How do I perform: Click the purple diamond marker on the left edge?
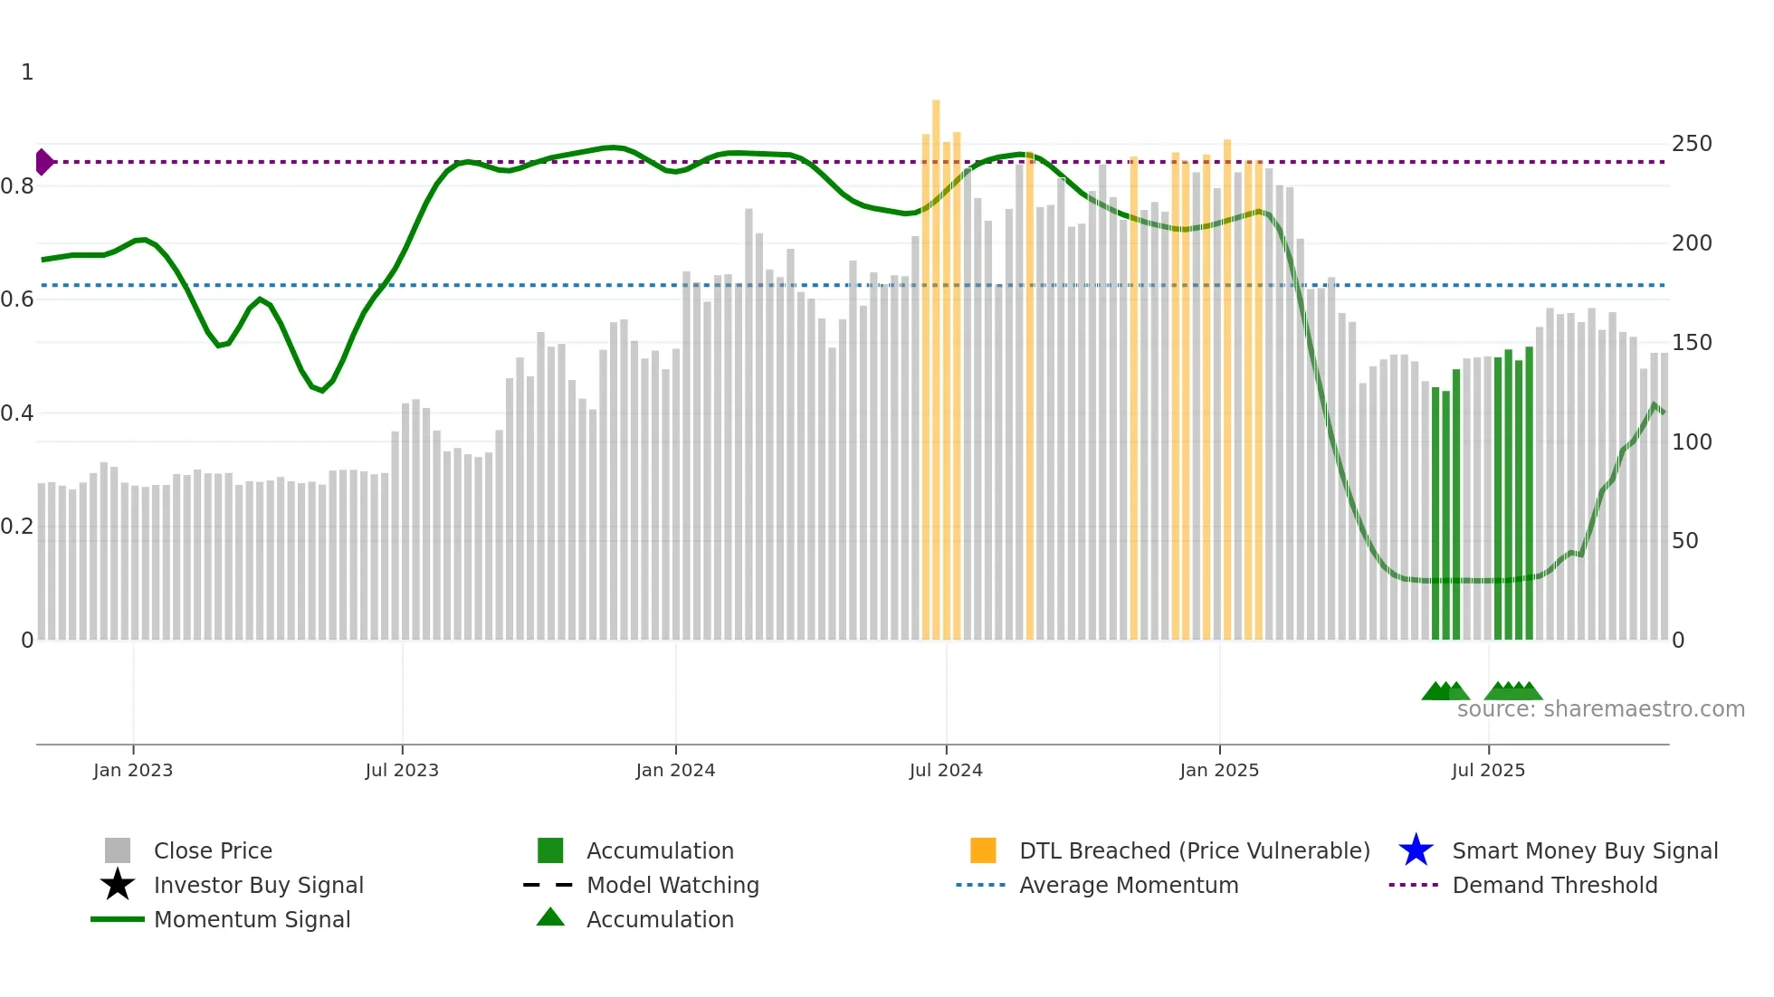pyautogui.click(x=43, y=162)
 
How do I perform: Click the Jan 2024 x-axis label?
pyautogui.click(x=675, y=770)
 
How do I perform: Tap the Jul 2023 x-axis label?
pyautogui.click(x=402, y=770)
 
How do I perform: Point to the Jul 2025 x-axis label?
pyautogui.click(x=1488, y=770)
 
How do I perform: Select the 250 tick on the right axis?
pyautogui.click(x=1692, y=144)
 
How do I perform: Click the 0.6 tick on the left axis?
pyautogui.click(x=17, y=299)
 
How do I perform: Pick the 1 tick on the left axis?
pyautogui.click(x=27, y=72)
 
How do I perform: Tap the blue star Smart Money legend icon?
pyautogui.click(x=1416, y=850)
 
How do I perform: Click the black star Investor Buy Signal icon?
pyautogui.click(x=118, y=885)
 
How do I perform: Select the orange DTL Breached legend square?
pyautogui.click(x=983, y=850)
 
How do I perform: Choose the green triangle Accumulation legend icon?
pyautogui.click(x=550, y=917)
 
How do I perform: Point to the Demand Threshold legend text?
pyautogui.click(x=1554, y=885)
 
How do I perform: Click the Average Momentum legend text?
pyautogui.click(x=1129, y=885)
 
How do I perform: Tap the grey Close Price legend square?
pyautogui.click(x=118, y=850)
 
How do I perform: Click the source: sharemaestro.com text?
pyautogui.click(x=1600, y=709)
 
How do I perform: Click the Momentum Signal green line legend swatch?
pyautogui.click(x=118, y=919)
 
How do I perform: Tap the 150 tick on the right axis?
pyautogui.click(x=1692, y=343)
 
